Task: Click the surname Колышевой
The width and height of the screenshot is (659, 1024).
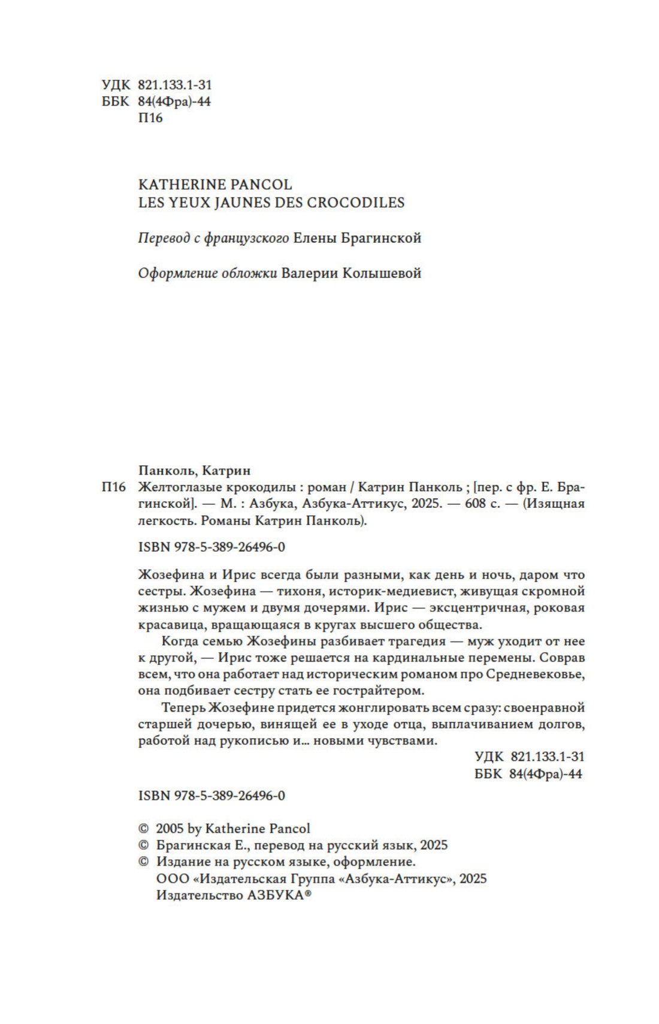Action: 382,273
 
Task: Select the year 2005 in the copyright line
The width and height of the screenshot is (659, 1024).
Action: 170,829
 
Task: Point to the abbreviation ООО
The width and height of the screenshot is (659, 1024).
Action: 169,879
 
